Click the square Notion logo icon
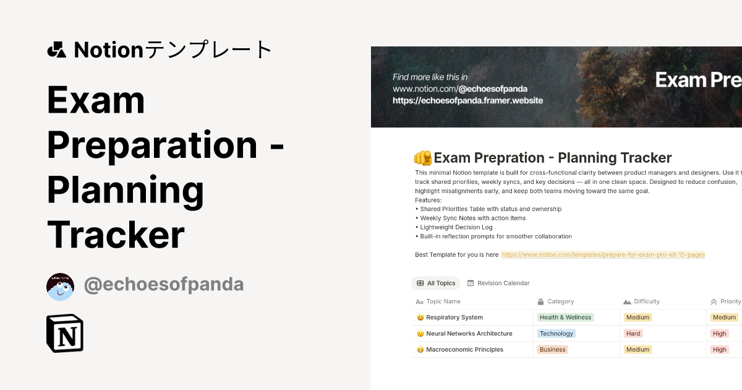(65, 333)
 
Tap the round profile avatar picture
(61, 287)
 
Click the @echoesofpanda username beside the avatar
(164, 284)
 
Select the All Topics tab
(436, 283)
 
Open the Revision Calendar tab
(498, 283)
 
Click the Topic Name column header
(443, 301)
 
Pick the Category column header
(560, 301)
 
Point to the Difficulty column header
(646, 301)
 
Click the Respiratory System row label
(454, 318)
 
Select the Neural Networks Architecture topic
(469, 334)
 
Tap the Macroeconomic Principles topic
(464, 350)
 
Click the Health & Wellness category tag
(565, 318)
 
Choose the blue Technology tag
(556, 334)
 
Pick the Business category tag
(552, 350)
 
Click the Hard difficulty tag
(633, 334)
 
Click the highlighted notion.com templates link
(603, 254)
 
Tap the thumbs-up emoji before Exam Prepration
(423, 158)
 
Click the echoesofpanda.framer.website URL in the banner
(467, 100)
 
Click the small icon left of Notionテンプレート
(56, 50)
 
